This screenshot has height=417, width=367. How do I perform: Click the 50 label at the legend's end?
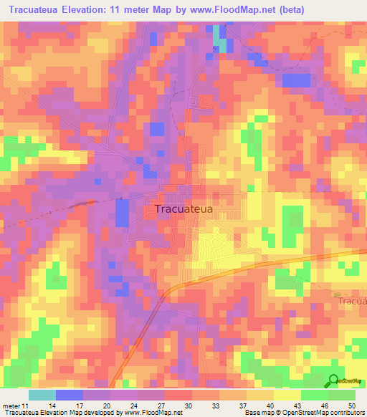pyautogui.click(x=351, y=406)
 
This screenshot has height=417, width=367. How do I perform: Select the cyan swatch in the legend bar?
pyautogui.click(x=42, y=395)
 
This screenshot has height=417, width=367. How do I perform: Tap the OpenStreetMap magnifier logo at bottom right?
pyautogui.click(x=335, y=382)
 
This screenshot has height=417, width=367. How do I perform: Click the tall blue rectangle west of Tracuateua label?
pyautogui.click(x=123, y=213)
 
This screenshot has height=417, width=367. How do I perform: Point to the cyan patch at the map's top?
pyautogui.click(x=220, y=40)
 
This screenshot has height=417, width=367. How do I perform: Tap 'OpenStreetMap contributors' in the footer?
pyautogui.click(x=323, y=413)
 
